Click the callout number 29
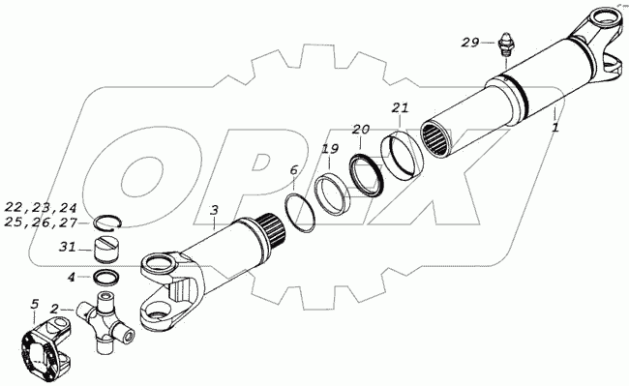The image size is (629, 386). point(469,43)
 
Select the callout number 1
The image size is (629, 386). point(555,129)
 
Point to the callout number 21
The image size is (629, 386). point(400,108)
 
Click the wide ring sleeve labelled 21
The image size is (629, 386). point(402,155)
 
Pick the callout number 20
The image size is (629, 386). point(361,130)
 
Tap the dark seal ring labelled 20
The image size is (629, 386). point(367,175)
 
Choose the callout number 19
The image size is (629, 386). point(330,150)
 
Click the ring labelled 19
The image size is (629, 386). point(332,193)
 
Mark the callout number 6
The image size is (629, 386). point(294,170)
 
